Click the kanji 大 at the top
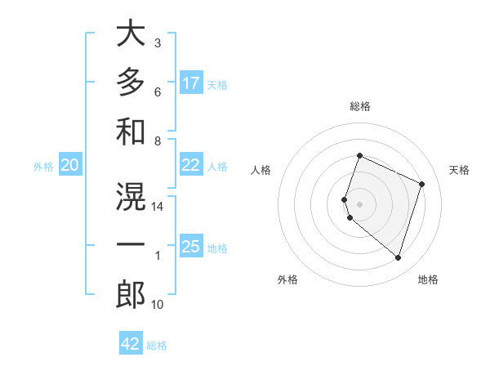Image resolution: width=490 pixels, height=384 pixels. (x=131, y=34)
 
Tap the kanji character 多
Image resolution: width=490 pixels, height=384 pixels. (x=131, y=83)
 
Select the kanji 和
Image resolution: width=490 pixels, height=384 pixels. (x=131, y=131)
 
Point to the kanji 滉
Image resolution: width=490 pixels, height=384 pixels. (x=131, y=196)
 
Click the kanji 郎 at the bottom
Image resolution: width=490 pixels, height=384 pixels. (x=131, y=294)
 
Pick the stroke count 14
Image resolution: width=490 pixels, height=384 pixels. (x=158, y=208)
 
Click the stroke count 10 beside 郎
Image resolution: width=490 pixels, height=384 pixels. (x=158, y=305)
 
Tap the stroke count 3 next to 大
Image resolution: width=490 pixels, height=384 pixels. (x=158, y=42)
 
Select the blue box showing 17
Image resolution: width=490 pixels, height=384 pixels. (x=191, y=83)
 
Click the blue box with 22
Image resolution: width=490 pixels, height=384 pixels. (x=191, y=165)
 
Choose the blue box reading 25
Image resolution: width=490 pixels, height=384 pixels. (x=191, y=248)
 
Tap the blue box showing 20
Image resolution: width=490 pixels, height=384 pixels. (x=69, y=165)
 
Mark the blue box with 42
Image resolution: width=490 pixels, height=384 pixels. (x=131, y=344)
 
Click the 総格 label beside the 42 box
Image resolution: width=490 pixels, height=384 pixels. (x=157, y=346)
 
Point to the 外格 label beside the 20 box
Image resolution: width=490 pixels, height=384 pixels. (x=43, y=167)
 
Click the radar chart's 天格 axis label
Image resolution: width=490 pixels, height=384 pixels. (x=459, y=170)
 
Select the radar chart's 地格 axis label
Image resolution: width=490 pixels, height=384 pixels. (x=428, y=279)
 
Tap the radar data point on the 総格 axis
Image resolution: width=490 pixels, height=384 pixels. (x=359, y=156)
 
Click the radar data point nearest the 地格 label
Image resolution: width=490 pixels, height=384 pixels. (x=398, y=257)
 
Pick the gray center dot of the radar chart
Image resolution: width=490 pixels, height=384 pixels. (x=359, y=203)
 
